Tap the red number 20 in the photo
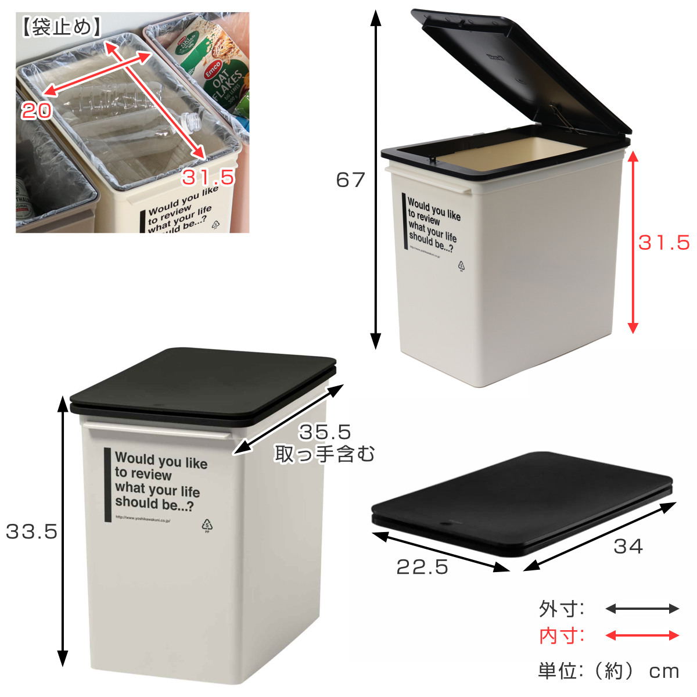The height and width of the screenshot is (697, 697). [37, 110]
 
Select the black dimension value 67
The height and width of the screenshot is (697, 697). [350, 180]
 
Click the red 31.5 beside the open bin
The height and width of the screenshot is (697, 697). [664, 242]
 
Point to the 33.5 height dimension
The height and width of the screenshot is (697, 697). [31, 531]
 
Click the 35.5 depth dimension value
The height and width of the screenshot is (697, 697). [325, 432]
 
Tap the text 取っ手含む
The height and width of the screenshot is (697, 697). [325, 454]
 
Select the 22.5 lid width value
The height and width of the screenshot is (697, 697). [422, 567]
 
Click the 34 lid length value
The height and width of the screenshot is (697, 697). [628, 547]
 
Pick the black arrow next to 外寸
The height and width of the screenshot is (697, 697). [642, 609]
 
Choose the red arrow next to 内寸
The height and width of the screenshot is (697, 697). [642, 635]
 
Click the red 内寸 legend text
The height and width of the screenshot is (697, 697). [561, 636]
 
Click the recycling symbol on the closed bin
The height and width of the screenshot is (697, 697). [207, 525]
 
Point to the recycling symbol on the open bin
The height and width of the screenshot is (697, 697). [462, 267]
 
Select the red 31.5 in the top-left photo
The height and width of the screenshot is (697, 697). [208, 177]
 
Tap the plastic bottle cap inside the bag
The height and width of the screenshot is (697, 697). [191, 122]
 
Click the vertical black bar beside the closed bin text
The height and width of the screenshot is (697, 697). [107, 485]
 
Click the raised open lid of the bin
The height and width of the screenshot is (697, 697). [523, 70]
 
